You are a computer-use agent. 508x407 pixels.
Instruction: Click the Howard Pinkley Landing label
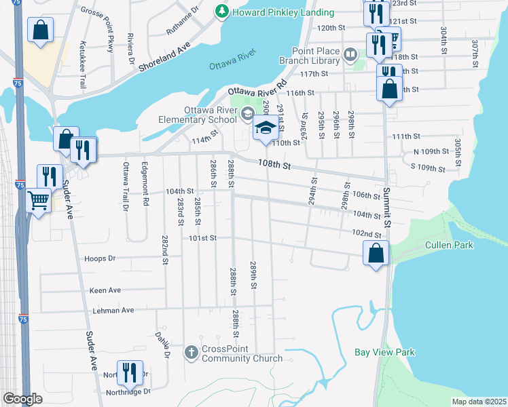pos(283,12)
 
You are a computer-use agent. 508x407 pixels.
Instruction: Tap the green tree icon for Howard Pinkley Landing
pos(221,12)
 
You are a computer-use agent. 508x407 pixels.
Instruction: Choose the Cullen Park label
pos(449,245)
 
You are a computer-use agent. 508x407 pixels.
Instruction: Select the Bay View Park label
pos(384,352)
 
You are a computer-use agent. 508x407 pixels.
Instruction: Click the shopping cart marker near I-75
pos(39,200)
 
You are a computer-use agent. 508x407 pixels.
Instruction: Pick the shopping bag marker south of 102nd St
pos(376,253)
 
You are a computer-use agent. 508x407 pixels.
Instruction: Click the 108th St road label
pos(274,165)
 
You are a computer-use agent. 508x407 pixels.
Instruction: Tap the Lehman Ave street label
pos(113,311)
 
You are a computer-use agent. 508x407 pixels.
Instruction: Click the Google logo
pos(22,399)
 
